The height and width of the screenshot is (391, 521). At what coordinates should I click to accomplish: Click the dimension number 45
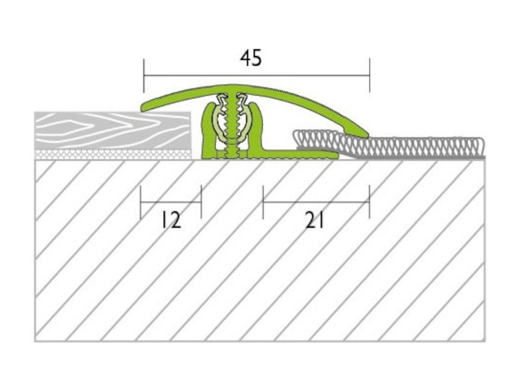click(251, 58)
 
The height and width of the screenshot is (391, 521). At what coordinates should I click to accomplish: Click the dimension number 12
click(171, 220)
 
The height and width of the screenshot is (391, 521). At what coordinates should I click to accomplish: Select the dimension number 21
click(314, 220)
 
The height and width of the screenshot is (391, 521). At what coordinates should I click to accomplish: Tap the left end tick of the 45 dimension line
click(144, 76)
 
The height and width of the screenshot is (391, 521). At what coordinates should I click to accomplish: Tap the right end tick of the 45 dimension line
click(369, 75)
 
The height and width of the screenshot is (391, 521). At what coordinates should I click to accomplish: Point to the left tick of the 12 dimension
click(141, 202)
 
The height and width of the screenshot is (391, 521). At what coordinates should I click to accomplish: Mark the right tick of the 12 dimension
click(201, 202)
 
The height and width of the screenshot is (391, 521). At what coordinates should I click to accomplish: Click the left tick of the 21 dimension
click(263, 202)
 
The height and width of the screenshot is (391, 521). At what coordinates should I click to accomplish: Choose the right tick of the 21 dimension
click(369, 202)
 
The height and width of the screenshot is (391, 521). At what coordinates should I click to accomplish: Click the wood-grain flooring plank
click(113, 131)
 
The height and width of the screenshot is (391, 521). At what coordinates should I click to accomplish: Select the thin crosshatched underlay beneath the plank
click(113, 155)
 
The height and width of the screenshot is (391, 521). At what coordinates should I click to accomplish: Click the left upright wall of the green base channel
click(208, 131)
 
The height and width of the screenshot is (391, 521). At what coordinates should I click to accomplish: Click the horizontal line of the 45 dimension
click(256, 75)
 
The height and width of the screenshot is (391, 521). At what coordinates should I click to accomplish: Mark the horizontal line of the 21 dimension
click(316, 202)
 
